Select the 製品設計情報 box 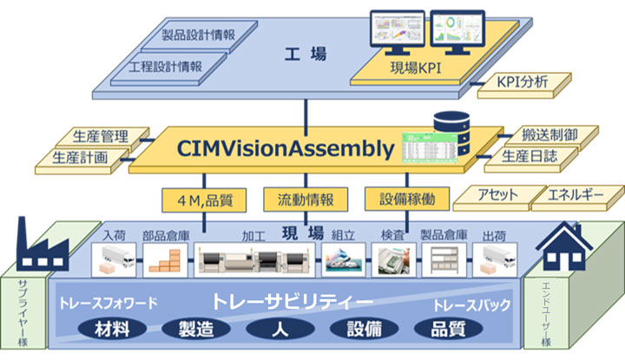coord(198,36)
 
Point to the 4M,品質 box coord(208,200)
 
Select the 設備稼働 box coord(407,200)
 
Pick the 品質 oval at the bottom coord(445,330)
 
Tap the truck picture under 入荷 coord(115,258)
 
